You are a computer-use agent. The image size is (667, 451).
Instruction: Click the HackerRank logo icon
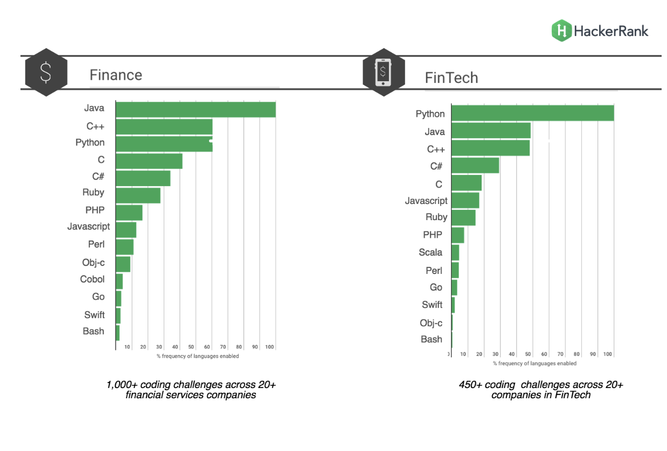[561, 30]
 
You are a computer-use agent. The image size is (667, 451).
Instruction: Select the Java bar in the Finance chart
[196, 109]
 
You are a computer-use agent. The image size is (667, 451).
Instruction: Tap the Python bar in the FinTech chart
[532, 114]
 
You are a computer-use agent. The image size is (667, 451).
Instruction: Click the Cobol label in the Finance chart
[93, 279]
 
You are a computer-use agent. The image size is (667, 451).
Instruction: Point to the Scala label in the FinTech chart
[430, 252]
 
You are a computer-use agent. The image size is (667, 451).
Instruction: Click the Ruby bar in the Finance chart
[138, 195]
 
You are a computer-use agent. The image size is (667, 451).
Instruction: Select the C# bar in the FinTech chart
[475, 165]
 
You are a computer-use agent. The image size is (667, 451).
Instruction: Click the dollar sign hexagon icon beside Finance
[46, 72]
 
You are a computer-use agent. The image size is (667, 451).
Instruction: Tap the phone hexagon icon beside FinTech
[383, 72]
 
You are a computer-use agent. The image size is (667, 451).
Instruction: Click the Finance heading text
[116, 75]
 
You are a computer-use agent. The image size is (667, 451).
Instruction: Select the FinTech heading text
[451, 78]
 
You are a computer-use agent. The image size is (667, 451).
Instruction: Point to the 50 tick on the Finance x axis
[191, 347]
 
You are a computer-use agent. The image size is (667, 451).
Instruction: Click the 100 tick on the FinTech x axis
[608, 354]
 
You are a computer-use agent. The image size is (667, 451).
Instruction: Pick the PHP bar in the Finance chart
[129, 213]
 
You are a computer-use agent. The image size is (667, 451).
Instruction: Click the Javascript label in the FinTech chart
[426, 201]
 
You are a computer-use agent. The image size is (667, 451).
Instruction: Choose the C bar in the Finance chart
[149, 161]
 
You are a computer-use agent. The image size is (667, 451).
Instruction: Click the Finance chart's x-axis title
[198, 356]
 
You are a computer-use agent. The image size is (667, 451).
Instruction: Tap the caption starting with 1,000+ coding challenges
[191, 390]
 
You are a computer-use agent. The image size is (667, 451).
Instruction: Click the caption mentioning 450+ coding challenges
[540, 390]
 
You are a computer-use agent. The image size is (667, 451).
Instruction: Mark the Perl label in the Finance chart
[96, 244]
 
